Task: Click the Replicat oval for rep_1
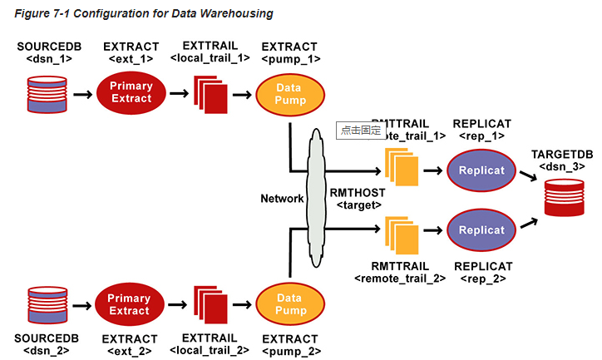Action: click(481, 170)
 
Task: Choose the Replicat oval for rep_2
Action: click(481, 229)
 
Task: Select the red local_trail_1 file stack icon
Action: click(210, 94)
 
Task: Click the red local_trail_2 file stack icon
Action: click(210, 305)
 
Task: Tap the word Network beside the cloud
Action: click(281, 199)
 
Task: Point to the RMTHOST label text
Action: click(361, 193)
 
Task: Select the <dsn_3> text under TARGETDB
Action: click(564, 165)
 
